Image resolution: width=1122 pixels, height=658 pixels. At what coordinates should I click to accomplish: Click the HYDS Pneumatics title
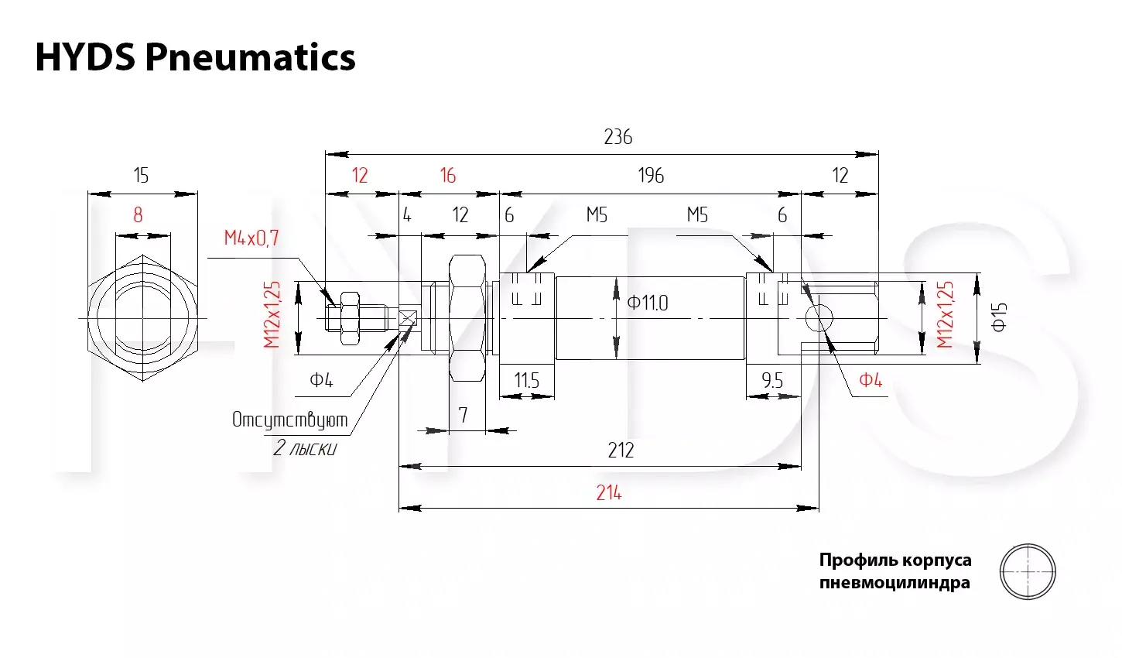coord(195,57)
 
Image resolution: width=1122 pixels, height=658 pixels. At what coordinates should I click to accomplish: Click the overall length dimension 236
coord(618,137)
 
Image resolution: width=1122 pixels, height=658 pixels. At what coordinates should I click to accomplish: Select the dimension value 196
coord(651,176)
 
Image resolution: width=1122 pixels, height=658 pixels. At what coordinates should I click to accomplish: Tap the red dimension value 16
coord(448,176)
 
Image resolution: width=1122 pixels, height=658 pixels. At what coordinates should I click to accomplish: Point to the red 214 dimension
coord(608,493)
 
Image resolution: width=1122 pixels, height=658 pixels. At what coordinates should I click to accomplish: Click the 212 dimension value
coord(621,451)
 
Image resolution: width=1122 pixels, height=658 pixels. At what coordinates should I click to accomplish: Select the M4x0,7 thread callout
coord(251,238)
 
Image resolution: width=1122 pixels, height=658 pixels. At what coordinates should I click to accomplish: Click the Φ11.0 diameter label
coord(647,303)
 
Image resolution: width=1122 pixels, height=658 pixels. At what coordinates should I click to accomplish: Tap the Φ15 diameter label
coord(999,317)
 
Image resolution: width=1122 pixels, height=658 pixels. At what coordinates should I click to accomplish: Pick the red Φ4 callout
coord(871,380)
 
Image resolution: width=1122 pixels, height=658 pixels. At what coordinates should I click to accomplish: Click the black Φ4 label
coord(321,380)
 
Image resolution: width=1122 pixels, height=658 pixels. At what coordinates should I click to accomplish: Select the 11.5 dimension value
coord(526,381)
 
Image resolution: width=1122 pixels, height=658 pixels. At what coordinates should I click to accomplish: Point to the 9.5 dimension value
coord(772,381)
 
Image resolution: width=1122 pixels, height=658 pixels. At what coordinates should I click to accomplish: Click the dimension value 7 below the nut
coord(464,415)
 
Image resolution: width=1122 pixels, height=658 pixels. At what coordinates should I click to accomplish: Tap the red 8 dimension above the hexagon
coord(139,215)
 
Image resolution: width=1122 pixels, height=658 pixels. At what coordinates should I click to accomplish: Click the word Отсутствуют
coord(289,420)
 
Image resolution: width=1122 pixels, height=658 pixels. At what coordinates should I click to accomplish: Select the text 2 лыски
coord(305,448)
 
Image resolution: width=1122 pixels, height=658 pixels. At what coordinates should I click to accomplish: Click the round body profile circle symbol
coord(1028,544)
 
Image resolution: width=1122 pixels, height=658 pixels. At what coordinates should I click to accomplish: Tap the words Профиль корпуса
coord(895,560)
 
